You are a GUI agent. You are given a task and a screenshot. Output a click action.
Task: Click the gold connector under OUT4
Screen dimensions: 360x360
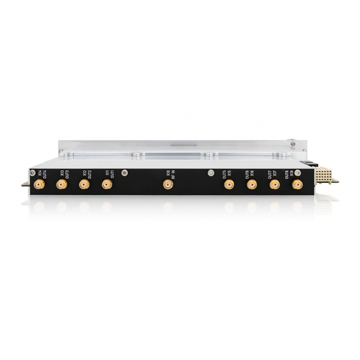[39, 185]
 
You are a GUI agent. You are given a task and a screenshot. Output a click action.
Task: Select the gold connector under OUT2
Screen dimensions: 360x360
[84, 185]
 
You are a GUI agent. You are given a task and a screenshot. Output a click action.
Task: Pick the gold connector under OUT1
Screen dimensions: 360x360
[106, 185]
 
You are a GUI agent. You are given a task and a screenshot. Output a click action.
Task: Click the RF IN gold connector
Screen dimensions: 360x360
[168, 185]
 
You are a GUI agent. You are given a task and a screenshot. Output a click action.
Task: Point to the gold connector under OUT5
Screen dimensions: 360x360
[229, 185]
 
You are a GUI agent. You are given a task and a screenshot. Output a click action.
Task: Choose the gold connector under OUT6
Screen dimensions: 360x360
[251, 185]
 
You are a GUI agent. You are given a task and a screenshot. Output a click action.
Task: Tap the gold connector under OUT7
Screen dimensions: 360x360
[274, 185]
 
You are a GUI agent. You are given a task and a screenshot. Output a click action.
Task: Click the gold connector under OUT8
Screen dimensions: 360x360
[297, 185]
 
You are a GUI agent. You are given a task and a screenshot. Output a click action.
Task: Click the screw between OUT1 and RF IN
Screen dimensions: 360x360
[125, 172]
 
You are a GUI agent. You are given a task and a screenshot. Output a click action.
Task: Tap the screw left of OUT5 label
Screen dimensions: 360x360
[210, 172]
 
